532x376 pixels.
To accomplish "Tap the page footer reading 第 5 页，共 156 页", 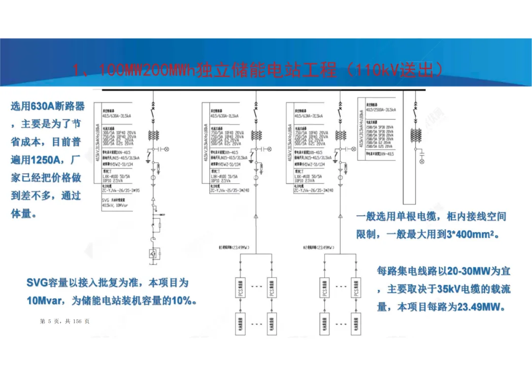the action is tap(65, 321).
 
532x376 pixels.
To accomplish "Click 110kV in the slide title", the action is tap(378, 70).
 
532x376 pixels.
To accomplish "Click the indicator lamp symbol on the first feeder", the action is tap(166, 148).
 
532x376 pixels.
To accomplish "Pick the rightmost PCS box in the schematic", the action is tap(355, 288).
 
